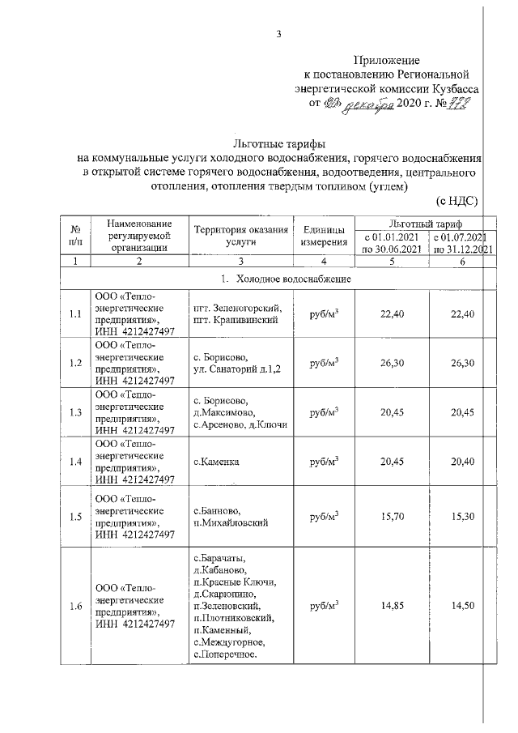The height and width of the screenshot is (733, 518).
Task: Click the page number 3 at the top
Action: click(278, 34)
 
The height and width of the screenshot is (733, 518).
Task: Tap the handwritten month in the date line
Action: click(372, 104)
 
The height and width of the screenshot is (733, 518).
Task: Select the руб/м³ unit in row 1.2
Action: click(324, 363)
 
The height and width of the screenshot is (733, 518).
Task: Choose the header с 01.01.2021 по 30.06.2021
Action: click(392, 243)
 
